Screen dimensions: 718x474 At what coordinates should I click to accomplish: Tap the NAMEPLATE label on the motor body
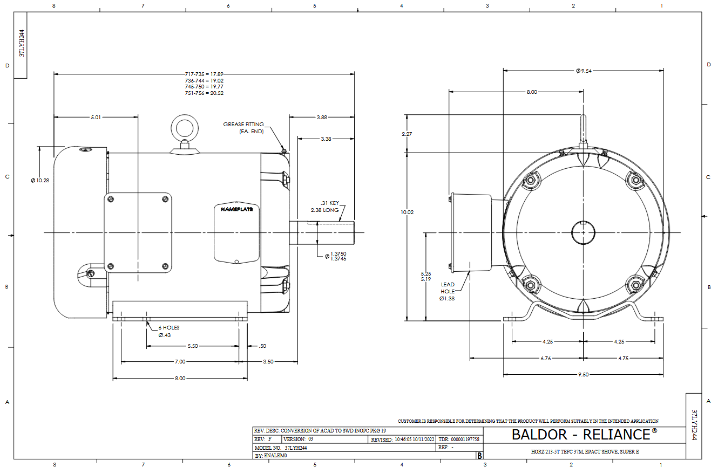237,209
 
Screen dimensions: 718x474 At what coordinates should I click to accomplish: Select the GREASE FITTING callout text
243,124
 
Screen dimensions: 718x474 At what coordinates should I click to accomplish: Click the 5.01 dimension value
96,117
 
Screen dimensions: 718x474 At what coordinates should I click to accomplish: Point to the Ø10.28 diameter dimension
40,180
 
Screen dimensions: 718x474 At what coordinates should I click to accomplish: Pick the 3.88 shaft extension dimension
322,117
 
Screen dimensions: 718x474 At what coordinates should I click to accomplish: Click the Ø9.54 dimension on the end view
584,71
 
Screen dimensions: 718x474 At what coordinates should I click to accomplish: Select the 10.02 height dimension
407,212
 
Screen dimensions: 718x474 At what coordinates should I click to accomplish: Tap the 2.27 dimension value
407,134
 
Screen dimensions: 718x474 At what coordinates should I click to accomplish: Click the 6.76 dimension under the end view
546,359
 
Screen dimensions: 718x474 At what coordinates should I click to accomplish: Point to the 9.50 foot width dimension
584,374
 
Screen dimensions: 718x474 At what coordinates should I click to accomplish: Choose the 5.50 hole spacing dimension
193,346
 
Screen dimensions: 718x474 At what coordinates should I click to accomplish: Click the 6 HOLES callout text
169,328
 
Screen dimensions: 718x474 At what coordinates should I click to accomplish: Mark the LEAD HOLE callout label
448,288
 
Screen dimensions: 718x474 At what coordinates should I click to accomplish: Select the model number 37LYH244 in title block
296,448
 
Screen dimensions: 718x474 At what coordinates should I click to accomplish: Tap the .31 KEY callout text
329,203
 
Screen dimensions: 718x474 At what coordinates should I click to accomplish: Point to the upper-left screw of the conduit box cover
111,200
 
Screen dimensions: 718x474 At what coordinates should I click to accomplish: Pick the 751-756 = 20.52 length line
204,93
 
